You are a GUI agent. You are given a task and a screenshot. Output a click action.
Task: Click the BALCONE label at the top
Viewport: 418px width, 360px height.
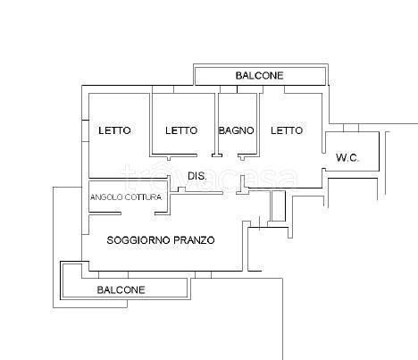click(259, 76)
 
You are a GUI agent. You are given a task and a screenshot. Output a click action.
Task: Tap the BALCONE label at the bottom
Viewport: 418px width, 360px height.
click(121, 289)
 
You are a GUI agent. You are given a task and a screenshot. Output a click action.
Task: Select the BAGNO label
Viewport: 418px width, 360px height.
click(237, 130)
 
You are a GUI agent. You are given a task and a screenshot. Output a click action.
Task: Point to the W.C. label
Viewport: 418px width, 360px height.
click(347, 157)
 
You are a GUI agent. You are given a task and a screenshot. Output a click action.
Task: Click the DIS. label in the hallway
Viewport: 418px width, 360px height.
click(197, 176)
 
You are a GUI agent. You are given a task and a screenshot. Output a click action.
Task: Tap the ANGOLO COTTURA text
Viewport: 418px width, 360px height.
click(126, 197)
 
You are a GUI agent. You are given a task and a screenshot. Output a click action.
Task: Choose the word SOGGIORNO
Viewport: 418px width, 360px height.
click(138, 240)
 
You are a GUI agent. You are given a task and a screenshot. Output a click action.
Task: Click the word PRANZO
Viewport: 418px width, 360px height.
click(194, 240)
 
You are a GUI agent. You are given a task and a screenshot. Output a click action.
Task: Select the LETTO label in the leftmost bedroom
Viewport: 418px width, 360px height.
click(114, 130)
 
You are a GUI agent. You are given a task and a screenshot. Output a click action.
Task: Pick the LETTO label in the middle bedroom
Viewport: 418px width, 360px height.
click(181, 130)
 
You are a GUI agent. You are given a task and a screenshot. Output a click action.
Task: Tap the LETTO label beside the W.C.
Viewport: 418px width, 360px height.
click(287, 130)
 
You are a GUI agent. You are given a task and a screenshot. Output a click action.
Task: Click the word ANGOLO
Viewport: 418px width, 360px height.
click(106, 197)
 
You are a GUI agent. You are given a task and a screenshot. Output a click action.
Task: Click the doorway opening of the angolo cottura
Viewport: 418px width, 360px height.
click(138, 213)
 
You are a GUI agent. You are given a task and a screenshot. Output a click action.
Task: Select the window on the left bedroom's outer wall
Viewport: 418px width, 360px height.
click(86, 130)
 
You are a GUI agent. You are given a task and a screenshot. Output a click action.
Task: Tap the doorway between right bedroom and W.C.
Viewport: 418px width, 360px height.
click(323, 161)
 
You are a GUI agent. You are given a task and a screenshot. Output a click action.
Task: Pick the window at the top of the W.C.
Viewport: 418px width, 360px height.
click(351, 128)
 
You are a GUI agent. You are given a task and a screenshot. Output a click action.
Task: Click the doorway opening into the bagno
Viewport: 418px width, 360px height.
click(230, 155)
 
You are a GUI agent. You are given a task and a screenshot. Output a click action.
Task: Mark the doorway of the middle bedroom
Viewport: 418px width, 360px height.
click(205, 155)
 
